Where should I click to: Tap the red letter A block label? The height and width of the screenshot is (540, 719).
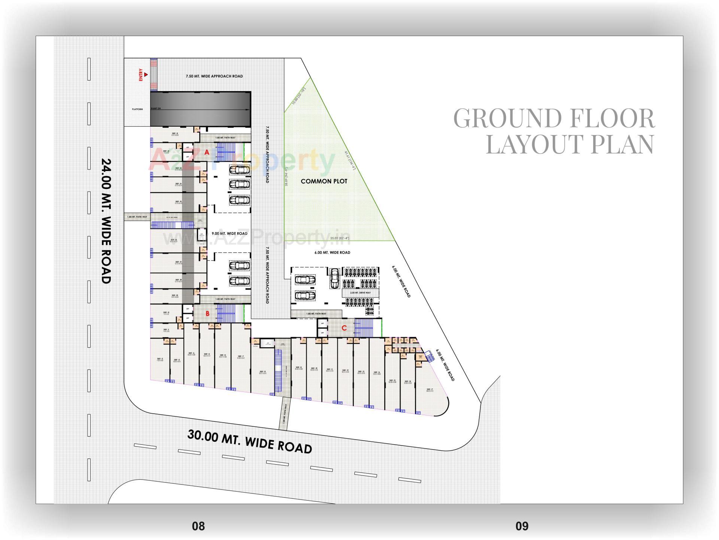pos(207,152)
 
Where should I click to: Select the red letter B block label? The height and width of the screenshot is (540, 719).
pos(207,313)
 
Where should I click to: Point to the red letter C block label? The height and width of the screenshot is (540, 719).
pos(344,328)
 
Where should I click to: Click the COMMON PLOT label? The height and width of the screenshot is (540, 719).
pos(324,181)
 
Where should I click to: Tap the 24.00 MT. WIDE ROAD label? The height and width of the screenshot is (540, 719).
pos(106,221)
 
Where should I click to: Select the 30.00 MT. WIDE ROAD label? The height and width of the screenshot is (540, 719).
pos(249,442)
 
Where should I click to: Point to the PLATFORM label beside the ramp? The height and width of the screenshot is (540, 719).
pos(137,109)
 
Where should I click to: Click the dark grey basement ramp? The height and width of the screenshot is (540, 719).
pos(200,109)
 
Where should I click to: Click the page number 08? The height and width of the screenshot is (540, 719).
pos(198,526)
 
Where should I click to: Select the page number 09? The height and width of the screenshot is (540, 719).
pos(522,526)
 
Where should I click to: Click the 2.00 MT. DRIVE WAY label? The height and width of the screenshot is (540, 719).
pos(360,292)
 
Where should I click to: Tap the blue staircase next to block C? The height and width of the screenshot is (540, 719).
pos(364,328)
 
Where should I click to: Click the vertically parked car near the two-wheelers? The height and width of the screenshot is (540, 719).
pos(334,278)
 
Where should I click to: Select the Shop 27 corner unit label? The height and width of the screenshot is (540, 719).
pos(430,390)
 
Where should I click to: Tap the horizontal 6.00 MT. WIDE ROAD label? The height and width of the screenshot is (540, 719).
pos(332,252)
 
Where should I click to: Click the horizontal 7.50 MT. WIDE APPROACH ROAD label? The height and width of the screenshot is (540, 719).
pos(214,76)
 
